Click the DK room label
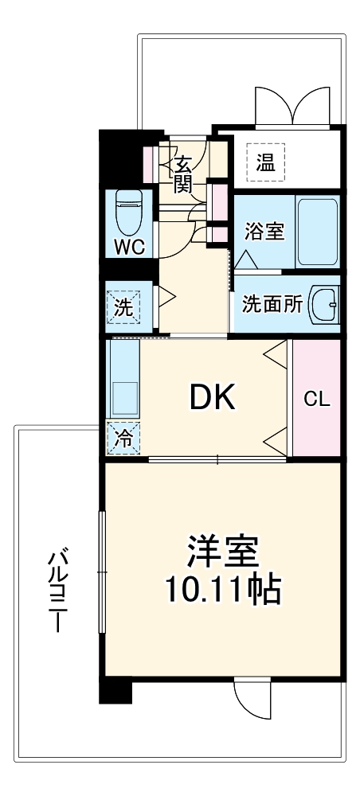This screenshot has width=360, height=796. tap(212, 397)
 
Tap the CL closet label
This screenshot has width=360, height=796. tap(317, 399)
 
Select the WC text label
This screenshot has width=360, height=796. tap(127, 247)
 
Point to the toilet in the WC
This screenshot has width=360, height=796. tap(127, 210)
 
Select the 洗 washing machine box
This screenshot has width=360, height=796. tap(123, 306)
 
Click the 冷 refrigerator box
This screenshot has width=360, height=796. tap(123, 437)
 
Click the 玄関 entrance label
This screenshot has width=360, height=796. tap(182, 175)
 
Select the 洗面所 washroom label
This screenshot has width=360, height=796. tap(272, 304)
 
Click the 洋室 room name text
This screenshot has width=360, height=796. tap(223, 550)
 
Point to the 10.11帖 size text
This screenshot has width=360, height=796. tap(223, 590)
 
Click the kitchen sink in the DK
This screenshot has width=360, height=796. tap(123, 395)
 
